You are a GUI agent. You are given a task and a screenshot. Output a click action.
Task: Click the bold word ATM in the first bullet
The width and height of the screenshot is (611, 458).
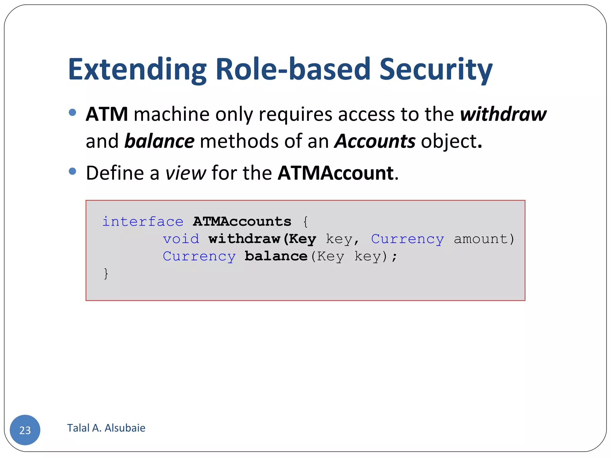(x=107, y=114)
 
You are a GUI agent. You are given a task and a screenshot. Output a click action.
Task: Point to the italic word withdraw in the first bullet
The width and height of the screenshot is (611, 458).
(x=503, y=114)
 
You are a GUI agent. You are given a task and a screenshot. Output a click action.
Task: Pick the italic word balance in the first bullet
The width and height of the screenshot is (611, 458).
(x=159, y=141)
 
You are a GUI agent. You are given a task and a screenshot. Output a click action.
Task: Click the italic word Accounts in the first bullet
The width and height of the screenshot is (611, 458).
(x=375, y=141)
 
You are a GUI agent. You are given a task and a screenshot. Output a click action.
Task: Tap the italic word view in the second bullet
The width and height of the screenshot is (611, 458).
(x=186, y=173)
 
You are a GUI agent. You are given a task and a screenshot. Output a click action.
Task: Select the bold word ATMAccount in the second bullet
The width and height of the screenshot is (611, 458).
(x=336, y=173)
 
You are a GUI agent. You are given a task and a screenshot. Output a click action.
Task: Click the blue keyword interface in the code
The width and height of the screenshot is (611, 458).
(x=143, y=222)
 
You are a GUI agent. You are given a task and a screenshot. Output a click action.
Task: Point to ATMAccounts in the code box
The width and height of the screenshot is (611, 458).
(x=242, y=222)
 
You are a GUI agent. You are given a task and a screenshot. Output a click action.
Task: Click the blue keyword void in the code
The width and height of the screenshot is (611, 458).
(x=181, y=239)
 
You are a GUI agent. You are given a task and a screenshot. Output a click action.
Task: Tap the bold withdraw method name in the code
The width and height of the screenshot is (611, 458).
(x=244, y=239)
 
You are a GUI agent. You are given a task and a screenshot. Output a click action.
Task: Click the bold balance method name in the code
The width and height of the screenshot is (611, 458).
(x=276, y=256)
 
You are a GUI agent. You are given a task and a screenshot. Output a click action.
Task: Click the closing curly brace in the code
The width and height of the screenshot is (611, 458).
(x=106, y=273)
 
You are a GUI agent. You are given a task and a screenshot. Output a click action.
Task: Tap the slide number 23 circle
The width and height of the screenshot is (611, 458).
(x=25, y=430)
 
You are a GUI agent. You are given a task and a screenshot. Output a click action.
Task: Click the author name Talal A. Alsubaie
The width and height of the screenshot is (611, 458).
(x=106, y=428)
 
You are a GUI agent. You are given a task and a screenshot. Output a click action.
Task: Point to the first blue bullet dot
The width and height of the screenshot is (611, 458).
(x=72, y=112)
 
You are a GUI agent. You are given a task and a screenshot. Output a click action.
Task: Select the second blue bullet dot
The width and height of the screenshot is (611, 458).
(x=72, y=171)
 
